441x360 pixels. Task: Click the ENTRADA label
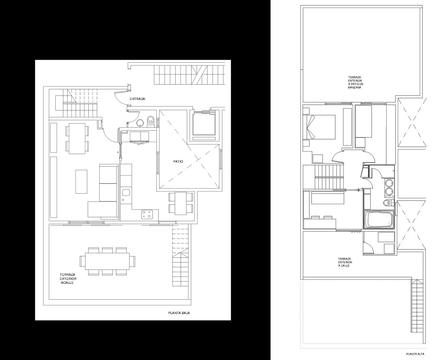pos(137,99)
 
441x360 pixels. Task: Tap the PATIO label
pos(178,161)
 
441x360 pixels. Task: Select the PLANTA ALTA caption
pos(415,354)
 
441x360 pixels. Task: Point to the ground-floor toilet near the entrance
pos(151,122)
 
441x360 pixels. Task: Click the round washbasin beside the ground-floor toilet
pos(140,123)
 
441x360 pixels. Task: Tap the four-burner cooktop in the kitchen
pos(147,214)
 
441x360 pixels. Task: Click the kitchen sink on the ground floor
pos(126,192)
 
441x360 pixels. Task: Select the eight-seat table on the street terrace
pos(107,261)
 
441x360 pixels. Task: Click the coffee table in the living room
pos(81,181)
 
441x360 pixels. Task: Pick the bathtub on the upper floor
pos(379,220)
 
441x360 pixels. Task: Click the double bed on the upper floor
pos(319,127)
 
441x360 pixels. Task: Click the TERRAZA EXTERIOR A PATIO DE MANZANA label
pos(356,82)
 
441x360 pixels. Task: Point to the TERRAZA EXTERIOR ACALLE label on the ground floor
pos(68,279)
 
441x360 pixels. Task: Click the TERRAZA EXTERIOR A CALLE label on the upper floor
pos(345,262)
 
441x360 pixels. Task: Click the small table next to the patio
pos(181,203)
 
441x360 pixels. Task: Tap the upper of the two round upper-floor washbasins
pos(389,184)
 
